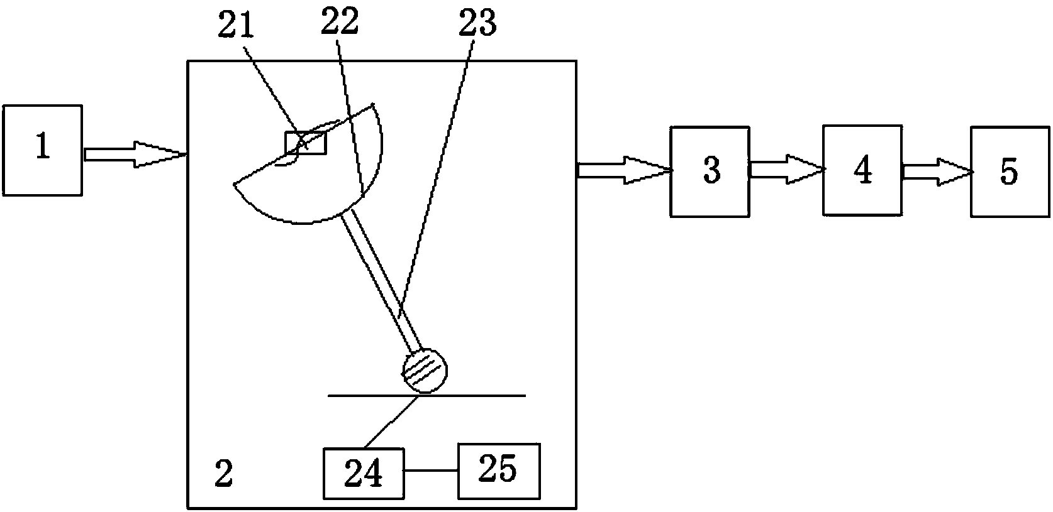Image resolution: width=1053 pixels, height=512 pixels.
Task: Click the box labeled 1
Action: point(42,150)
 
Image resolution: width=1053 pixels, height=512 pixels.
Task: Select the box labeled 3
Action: point(710,172)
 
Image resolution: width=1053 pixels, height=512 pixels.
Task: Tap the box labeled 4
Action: point(862,170)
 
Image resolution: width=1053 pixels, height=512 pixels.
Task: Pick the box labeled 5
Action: point(1010,172)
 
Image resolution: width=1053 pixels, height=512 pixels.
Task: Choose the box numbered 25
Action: point(498,471)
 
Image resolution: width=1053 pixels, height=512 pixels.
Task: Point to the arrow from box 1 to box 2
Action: point(135,154)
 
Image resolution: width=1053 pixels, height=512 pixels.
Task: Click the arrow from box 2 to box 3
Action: point(624,170)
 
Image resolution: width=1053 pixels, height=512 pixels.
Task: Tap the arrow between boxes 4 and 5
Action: point(937,172)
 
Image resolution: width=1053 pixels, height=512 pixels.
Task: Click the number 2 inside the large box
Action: point(223,474)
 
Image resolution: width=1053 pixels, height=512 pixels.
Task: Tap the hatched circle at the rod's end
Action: point(425,371)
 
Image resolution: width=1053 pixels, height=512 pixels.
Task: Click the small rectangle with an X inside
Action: point(306,143)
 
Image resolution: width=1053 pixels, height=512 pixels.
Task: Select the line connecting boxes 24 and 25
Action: point(430,471)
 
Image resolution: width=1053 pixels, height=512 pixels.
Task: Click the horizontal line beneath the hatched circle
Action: point(478,395)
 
